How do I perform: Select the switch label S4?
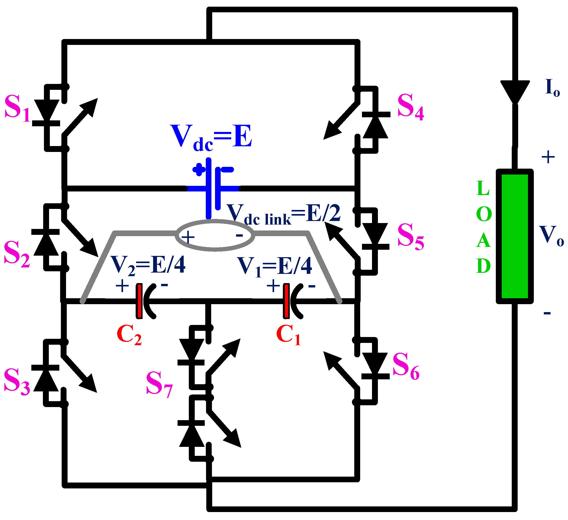coord(410,107)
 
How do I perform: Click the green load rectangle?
coord(515,236)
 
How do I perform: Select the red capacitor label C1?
coord(288,335)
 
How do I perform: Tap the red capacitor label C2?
coord(129,335)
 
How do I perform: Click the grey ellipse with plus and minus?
coord(215,235)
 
